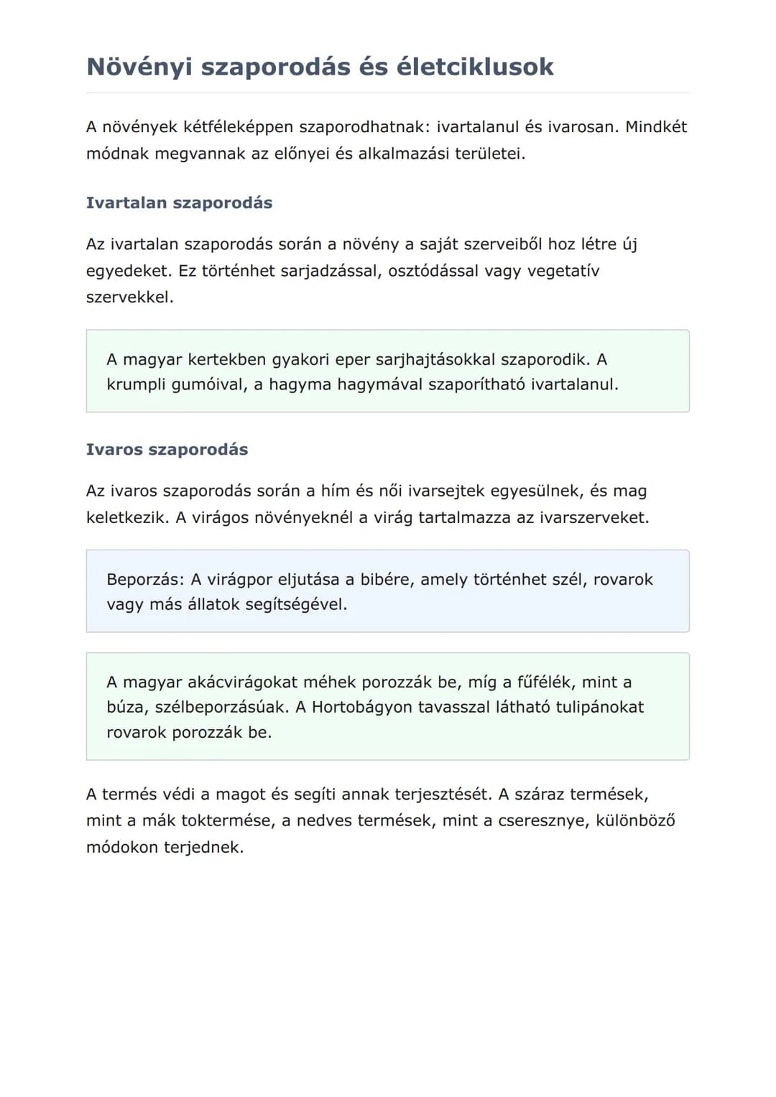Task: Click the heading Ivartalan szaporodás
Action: (x=179, y=203)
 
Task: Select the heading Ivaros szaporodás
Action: (x=167, y=450)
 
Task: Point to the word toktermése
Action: (x=226, y=820)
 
